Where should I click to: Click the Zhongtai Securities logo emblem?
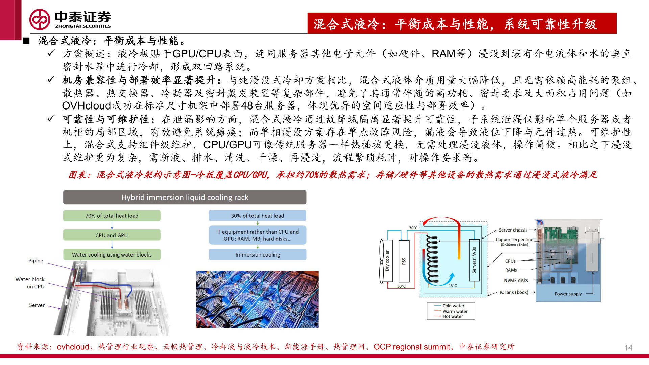[40, 20]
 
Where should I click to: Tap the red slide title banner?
[462, 23]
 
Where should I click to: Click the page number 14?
[628, 348]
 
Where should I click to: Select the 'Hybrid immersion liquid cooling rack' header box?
[185, 197]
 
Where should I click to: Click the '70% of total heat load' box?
[112, 216]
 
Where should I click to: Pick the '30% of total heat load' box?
[257, 216]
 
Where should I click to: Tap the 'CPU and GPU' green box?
[112, 235]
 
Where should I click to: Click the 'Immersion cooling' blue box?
[257, 254]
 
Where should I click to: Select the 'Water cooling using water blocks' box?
[112, 254]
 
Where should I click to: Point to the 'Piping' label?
[36, 261]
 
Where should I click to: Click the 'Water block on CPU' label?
[30, 283]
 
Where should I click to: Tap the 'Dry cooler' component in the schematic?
[387, 261]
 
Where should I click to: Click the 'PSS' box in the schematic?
[404, 261]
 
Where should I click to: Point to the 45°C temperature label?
[452, 286]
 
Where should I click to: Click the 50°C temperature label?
[401, 286]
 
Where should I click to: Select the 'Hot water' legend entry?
[453, 317]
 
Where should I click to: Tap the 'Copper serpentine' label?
[514, 240]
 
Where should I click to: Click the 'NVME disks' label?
[516, 281]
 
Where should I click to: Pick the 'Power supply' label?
[568, 294]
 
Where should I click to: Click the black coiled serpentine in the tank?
[432, 259]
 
